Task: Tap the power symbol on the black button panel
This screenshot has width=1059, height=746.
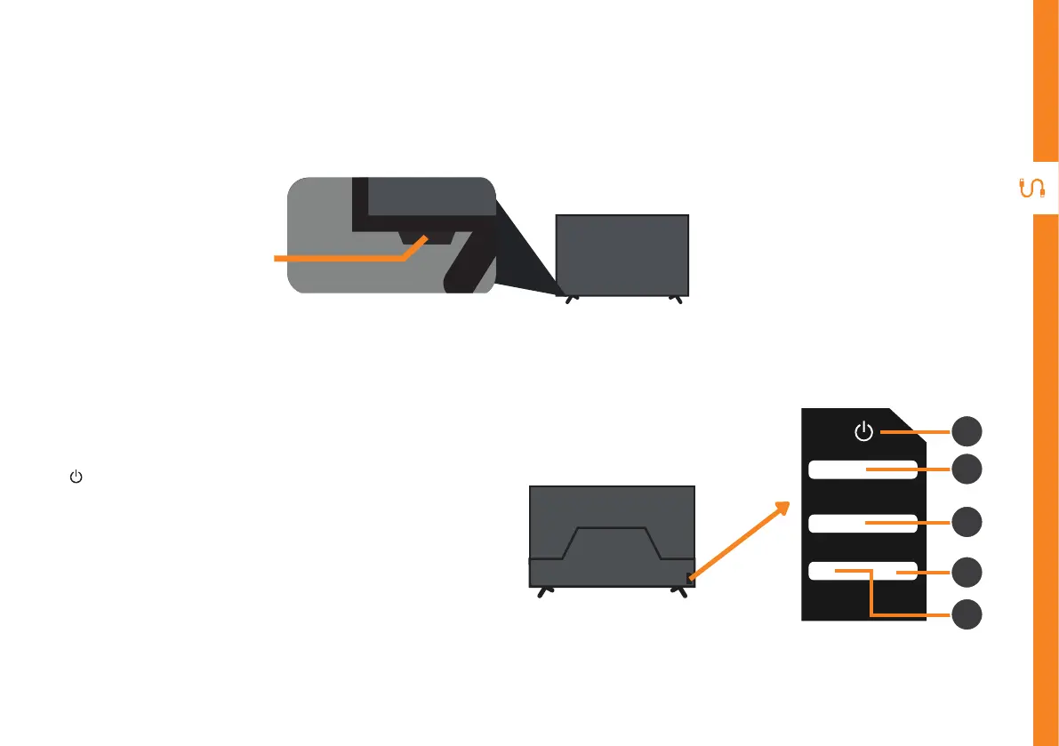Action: point(862,433)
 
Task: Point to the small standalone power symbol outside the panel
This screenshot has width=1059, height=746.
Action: point(76,477)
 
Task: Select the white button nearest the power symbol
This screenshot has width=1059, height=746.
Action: point(862,469)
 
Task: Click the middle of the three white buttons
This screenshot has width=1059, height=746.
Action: point(862,523)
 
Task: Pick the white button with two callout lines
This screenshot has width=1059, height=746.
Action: point(862,573)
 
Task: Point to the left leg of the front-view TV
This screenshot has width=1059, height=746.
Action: point(572,300)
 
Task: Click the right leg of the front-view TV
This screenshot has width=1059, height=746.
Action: point(677,300)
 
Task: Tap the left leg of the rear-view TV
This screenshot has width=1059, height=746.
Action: point(544,591)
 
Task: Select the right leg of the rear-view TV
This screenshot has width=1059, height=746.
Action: point(681,591)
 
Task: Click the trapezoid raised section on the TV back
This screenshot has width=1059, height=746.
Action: point(612,542)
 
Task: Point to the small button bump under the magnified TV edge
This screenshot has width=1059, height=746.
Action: point(428,238)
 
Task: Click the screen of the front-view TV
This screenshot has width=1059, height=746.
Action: point(622,254)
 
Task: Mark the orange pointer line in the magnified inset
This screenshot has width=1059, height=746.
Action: point(338,258)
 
